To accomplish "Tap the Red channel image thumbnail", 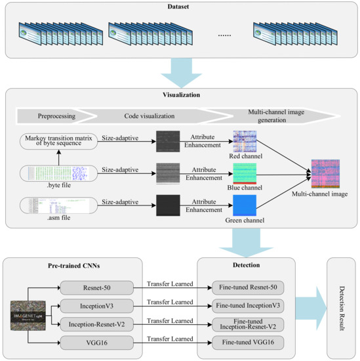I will [245, 141].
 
